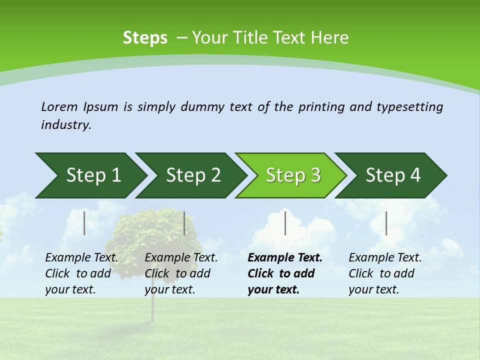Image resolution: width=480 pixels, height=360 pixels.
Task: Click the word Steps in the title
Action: point(145,38)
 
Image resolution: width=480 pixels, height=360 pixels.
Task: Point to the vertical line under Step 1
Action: point(84,223)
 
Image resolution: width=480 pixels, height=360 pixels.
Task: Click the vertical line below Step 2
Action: point(184,223)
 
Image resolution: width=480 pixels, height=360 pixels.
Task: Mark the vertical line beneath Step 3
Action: point(285,223)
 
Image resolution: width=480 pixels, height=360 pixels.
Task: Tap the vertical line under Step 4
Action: point(386,223)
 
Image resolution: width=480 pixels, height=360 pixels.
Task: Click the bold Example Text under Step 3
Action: point(285,258)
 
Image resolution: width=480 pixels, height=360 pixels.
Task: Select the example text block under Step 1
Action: point(81,273)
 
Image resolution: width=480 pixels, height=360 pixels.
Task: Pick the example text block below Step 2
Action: point(181,273)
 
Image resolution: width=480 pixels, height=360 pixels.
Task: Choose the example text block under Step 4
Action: point(385,273)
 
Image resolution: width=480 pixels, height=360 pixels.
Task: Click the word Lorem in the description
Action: point(59,107)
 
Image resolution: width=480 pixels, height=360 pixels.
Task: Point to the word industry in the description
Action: point(66,125)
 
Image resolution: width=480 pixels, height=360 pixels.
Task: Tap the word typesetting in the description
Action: point(409,107)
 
